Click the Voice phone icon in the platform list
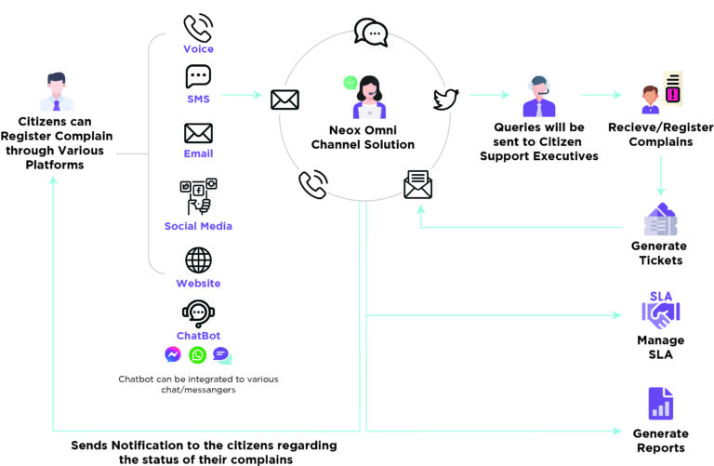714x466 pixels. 198,28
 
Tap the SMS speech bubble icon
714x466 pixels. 198,76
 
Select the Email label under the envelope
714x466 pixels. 198,153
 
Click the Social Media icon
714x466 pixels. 199,196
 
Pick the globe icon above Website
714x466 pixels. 199,260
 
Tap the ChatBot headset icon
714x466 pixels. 199,313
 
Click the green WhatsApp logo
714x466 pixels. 198,355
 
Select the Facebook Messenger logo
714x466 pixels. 173,354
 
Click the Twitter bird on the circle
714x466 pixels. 445,100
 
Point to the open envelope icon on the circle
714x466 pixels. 417,184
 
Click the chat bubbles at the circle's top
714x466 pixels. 371,32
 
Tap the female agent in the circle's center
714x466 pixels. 369,97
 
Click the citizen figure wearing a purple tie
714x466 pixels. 57,91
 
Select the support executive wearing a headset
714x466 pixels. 539,96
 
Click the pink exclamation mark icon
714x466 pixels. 672,94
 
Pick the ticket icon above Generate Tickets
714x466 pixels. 660,220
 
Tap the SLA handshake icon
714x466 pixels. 661,310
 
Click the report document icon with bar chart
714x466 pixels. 661,404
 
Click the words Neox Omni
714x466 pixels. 363,130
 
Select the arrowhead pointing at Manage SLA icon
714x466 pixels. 617,315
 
